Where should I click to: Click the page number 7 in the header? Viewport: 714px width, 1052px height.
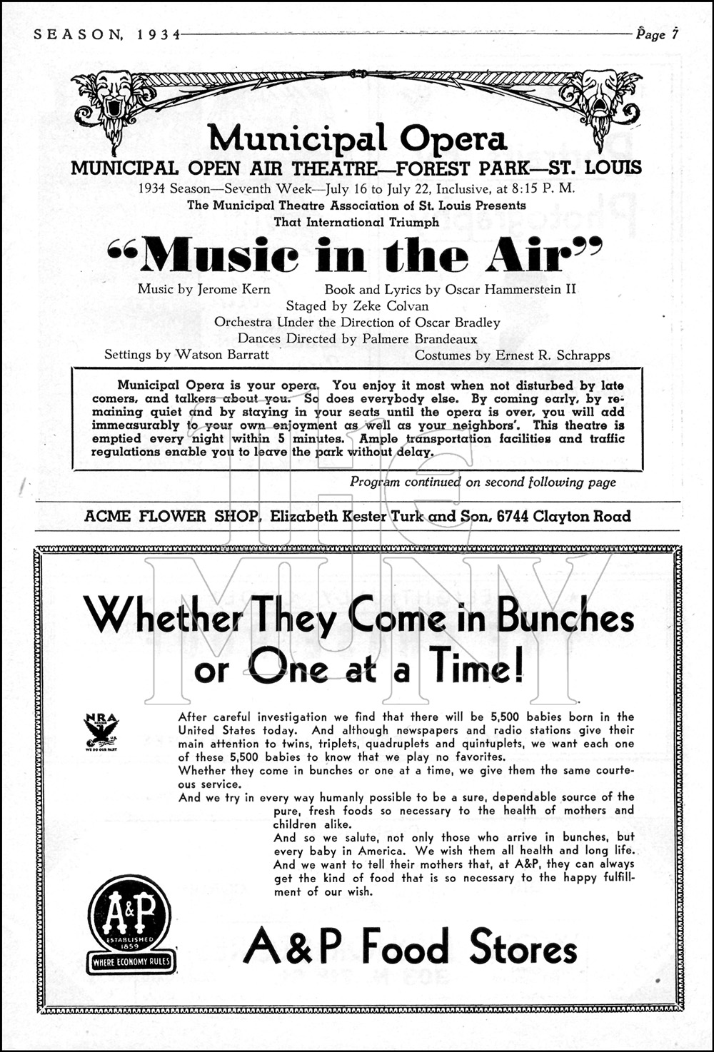pyautogui.click(x=674, y=34)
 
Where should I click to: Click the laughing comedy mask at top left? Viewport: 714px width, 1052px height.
pyautogui.click(x=111, y=95)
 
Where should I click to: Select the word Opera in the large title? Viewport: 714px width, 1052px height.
pyautogui.click(x=453, y=139)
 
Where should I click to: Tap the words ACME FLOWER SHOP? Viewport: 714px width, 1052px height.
pyautogui.click(x=171, y=516)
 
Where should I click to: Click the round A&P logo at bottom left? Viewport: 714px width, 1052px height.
pyautogui.click(x=129, y=916)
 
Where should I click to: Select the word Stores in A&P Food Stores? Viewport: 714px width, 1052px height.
pyautogui.click(x=523, y=948)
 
